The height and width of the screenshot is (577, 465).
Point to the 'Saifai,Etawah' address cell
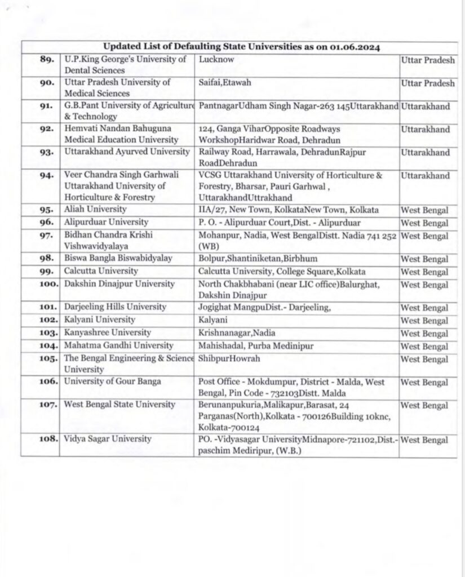(225, 83)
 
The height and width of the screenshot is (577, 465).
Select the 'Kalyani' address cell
(212, 321)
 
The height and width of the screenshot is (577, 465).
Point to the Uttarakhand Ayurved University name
(126, 152)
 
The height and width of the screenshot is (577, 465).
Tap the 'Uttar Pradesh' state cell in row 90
(427, 83)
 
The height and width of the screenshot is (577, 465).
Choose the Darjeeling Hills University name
(114, 307)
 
